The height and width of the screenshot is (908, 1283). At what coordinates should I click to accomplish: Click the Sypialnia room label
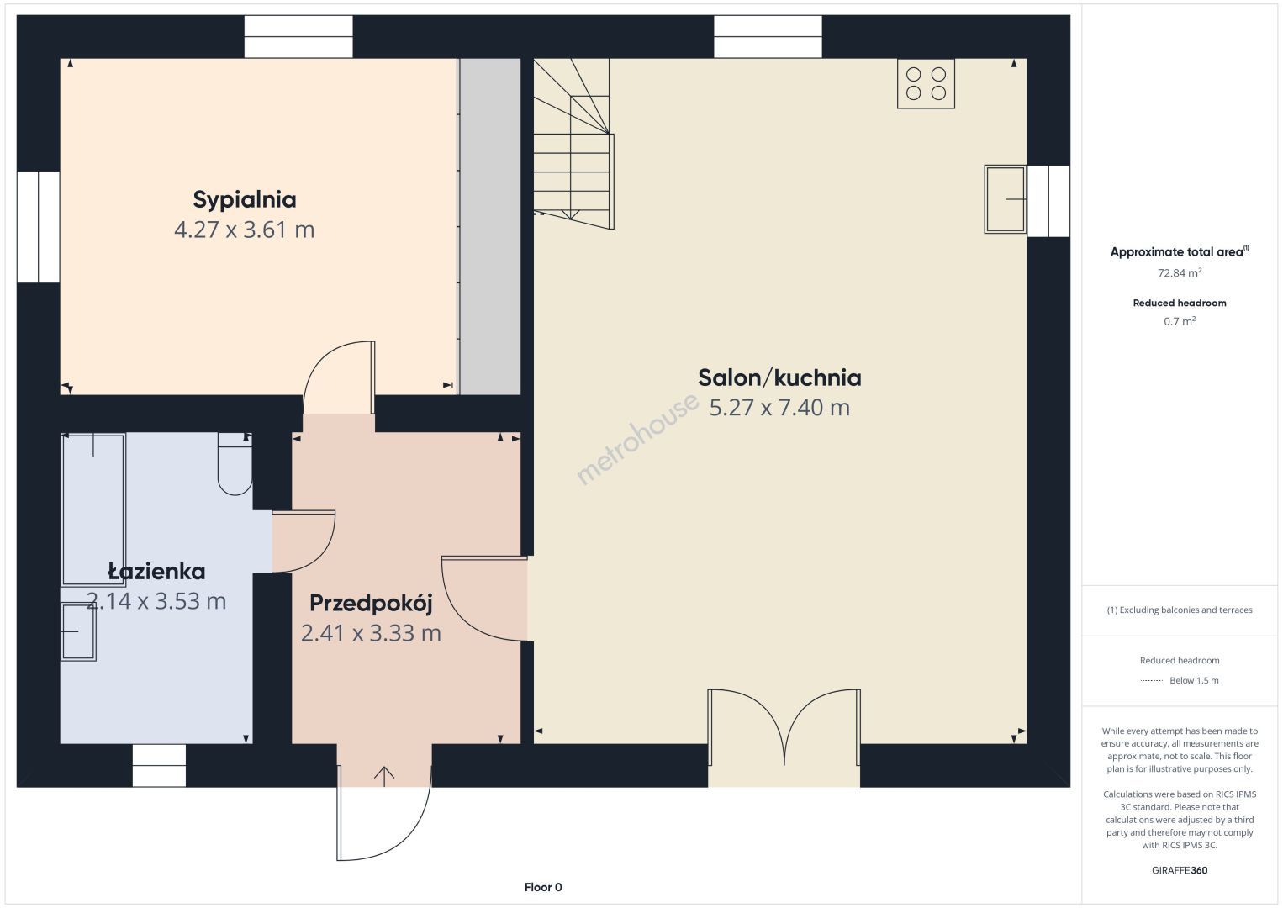point(245,200)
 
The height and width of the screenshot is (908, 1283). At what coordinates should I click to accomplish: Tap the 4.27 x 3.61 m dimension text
point(245,230)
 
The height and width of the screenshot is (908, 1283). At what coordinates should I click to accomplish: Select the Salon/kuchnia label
point(779,378)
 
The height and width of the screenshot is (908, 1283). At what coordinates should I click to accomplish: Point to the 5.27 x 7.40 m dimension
point(779,408)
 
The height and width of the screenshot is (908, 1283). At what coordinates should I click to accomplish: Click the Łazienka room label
point(156,571)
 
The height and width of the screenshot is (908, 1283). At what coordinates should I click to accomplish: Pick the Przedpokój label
point(371,604)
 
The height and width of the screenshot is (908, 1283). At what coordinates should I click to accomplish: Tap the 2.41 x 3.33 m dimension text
point(371,633)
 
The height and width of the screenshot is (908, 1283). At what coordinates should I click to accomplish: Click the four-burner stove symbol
point(926,83)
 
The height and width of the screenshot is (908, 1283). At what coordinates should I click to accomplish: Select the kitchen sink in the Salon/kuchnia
point(1006,199)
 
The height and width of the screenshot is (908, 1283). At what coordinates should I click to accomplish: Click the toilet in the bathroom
point(235,464)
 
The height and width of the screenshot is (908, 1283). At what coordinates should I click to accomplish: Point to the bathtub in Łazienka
point(93,509)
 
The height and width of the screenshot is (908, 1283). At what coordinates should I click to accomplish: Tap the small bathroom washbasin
point(78,632)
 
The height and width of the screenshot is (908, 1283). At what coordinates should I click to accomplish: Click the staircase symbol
point(573,143)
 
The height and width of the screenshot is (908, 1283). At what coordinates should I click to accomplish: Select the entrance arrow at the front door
point(384,776)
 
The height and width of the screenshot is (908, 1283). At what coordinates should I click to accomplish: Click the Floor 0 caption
point(543,887)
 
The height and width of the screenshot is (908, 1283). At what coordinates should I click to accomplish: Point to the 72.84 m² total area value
point(1180,272)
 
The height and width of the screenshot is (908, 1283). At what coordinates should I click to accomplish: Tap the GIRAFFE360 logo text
point(1180,870)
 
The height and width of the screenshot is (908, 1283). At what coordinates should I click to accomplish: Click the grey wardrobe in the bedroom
point(490,226)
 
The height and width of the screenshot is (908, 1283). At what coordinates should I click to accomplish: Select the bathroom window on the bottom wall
point(159,765)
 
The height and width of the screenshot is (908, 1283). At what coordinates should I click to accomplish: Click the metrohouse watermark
point(637,439)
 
